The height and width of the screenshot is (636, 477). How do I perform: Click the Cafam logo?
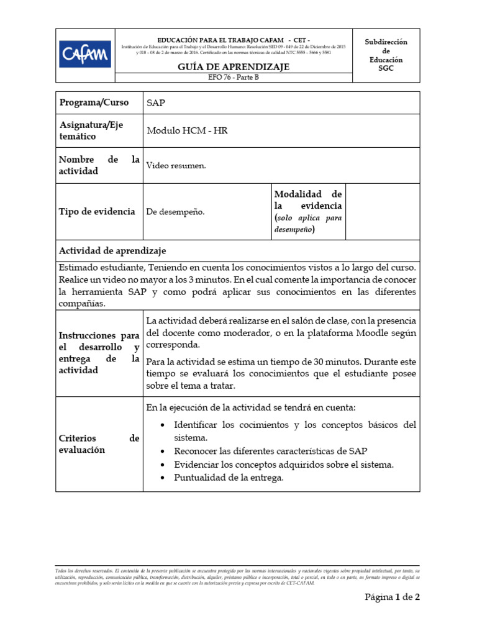85,54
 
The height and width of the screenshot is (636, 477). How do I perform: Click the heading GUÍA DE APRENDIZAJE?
234,66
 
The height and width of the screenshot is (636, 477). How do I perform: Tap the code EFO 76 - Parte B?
234,78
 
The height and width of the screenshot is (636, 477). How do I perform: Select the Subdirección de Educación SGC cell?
386,55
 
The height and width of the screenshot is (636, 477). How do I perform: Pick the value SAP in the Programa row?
156,103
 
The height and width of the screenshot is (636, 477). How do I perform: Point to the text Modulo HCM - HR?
187,130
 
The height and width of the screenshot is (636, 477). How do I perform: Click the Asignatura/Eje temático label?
91,130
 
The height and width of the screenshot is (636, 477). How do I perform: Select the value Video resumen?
176,166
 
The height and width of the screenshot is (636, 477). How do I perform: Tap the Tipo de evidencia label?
97,212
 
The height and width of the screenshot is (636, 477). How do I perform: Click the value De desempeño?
175,212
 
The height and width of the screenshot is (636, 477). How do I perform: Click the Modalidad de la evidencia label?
307,212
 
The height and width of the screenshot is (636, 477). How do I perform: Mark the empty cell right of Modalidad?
382,212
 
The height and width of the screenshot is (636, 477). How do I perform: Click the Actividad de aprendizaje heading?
112,250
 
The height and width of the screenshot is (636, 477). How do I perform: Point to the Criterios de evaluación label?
99,444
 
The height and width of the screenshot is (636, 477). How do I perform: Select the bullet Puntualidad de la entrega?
229,478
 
